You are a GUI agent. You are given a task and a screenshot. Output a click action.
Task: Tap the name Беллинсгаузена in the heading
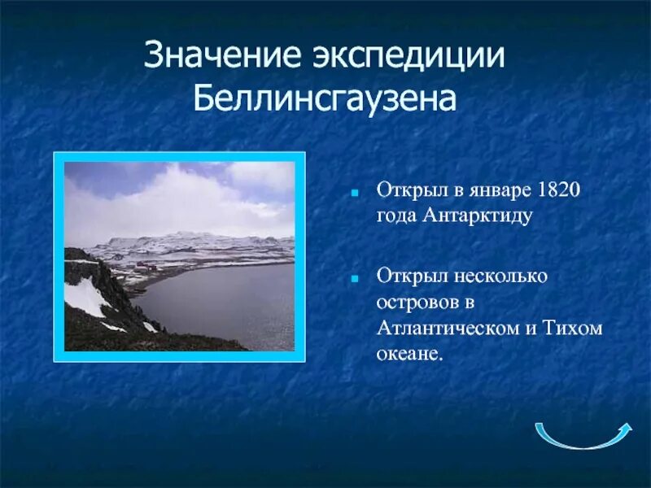325,98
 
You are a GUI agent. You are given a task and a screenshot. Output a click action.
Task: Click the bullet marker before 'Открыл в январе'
356,194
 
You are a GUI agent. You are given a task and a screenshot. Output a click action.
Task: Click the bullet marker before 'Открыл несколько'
356,278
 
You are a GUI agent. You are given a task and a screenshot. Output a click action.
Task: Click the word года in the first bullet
396,216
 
